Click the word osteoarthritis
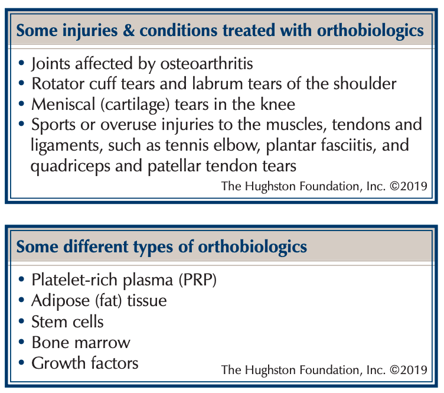click(x=207, y=63)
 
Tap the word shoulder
click(x=365, y=83)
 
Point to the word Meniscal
click(x=63, y=104)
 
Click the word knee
click(x=277, y=104)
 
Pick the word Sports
click(x=54, y=125)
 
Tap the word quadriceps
click(x=70, y=166)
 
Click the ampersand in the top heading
click(x=129, y=31)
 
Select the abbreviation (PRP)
click(x=198, y=280)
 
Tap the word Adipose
click(x=61, y=301)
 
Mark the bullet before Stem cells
click(x=21, y=321)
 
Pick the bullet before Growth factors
click(x=21, y=362)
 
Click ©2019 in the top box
click(x=409, y=186)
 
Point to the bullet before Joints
click(x=21, y=63)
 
